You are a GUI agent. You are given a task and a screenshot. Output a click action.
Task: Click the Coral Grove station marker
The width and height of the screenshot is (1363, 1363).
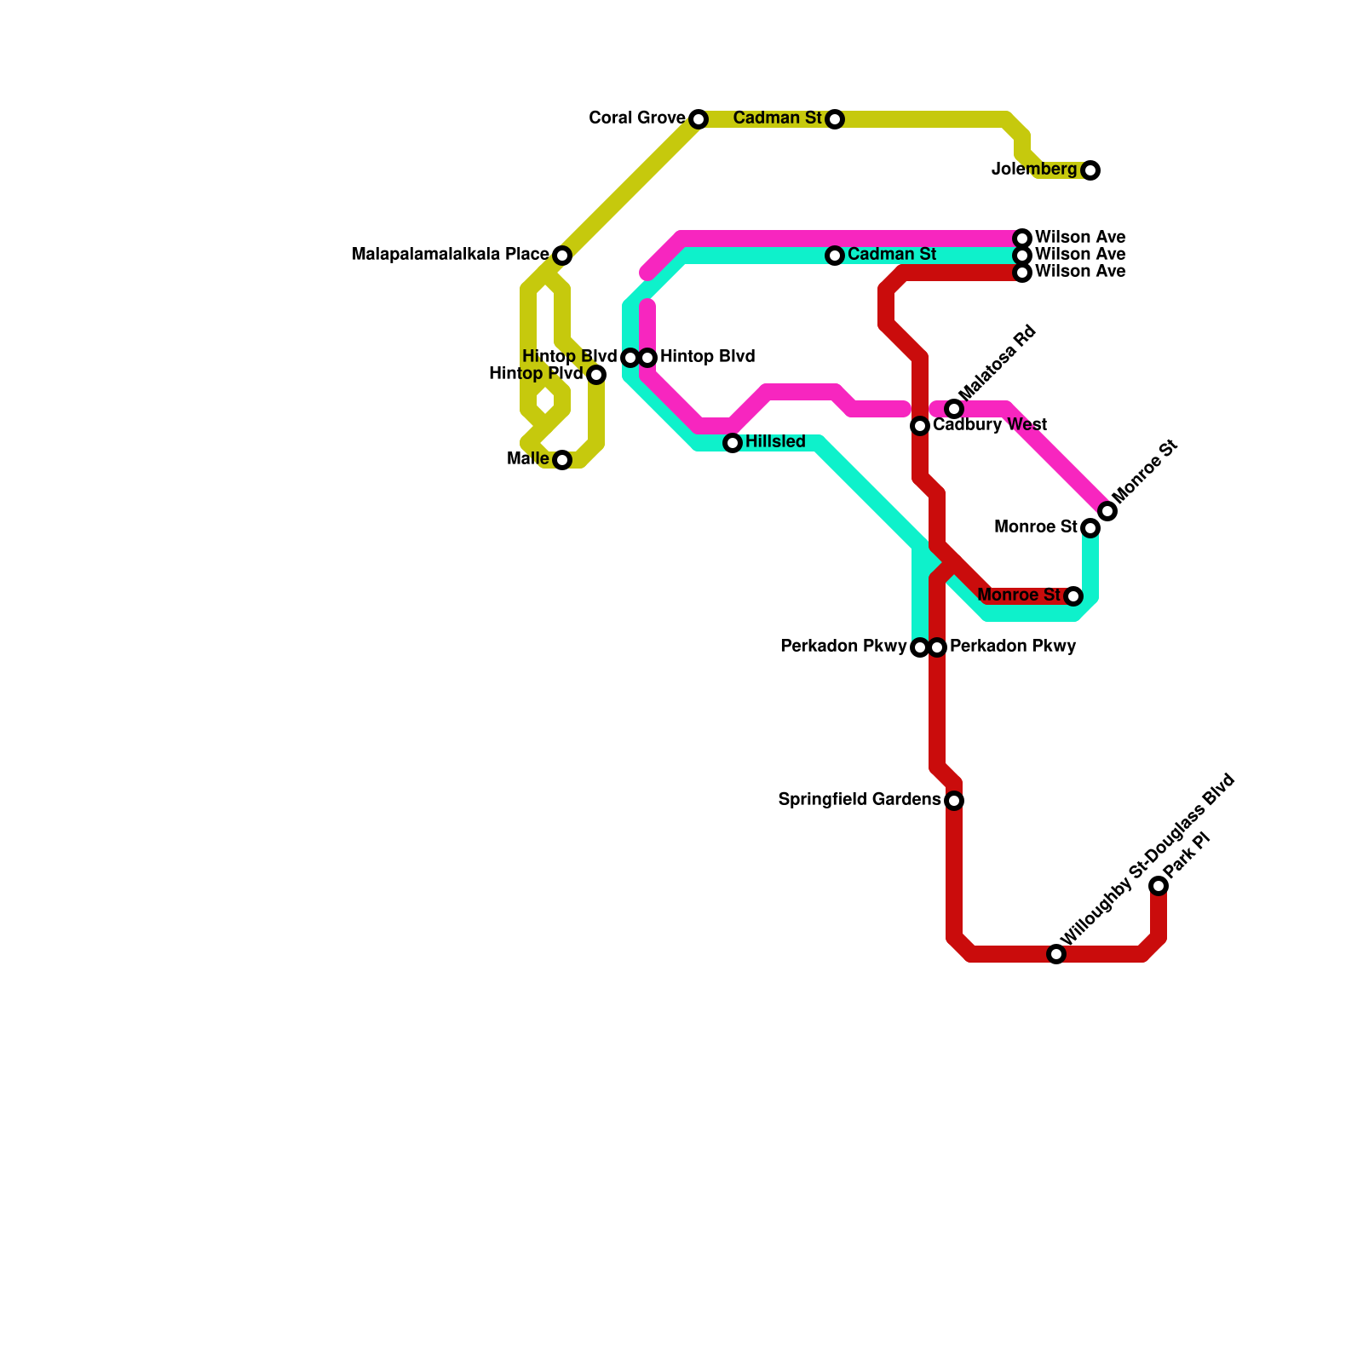tap(699, 119)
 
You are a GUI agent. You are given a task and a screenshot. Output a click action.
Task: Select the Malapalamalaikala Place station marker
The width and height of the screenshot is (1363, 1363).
tap(562, 256)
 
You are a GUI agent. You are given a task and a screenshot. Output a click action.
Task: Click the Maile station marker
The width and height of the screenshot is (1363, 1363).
tap(562, 460)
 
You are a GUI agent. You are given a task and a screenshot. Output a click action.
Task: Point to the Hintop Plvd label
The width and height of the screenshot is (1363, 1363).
tap(536, 374)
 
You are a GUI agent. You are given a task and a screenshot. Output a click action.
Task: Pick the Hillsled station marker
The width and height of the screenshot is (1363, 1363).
tap(733, 443)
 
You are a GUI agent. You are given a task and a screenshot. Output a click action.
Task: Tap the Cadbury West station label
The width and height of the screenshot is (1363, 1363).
tap(990, 425)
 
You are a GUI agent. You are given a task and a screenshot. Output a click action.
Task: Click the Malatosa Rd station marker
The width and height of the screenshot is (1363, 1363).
tap(954, 409)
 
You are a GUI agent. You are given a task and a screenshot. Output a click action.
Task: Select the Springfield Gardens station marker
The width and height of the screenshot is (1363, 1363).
tap(954, 801)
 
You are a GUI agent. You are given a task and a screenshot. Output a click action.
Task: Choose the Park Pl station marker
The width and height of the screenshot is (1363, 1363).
tap(1159, 886)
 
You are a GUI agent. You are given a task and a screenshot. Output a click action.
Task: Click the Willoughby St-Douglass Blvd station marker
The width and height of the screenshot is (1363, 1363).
tap(1056, 954)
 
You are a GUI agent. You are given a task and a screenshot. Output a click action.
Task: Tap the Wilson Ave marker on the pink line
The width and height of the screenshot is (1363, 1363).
tap(1022, 238)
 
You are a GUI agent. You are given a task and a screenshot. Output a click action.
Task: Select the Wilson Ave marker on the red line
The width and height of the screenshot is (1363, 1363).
tap(1022, 273)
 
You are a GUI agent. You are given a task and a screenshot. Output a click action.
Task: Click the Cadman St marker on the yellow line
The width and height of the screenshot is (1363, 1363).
tap(835, 119)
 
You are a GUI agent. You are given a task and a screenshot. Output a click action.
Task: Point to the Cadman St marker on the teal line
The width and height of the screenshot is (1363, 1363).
tap(835, 256)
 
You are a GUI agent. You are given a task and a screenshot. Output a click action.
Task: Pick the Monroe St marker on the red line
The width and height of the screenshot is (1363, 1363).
tap(1073, 596)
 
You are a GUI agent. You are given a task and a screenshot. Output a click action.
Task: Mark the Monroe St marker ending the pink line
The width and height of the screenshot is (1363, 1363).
tap(1107, 511)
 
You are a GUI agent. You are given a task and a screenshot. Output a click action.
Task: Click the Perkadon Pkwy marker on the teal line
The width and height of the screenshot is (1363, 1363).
tap(919, 647)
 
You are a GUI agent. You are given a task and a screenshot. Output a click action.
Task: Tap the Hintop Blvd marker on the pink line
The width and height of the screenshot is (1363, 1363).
tap(648, 358)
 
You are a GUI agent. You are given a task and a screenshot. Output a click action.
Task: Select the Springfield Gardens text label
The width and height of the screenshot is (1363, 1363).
tap(859, 800)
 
